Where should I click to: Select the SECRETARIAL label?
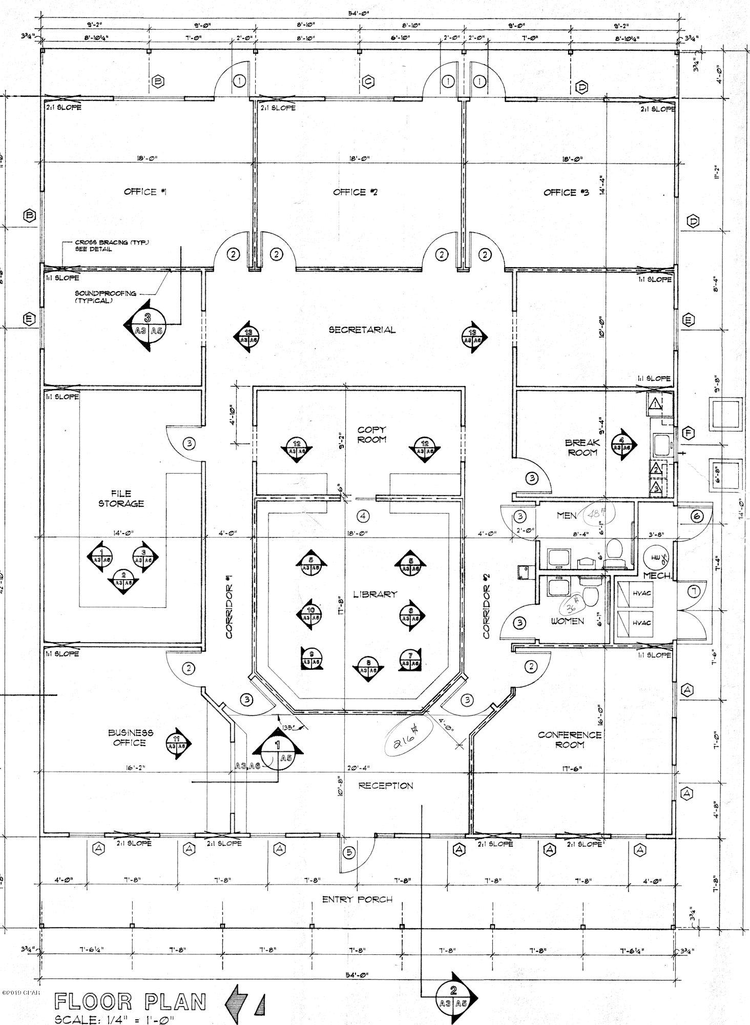coord(362,330)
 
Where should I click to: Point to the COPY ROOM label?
coord(371,435)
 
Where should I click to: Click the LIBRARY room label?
coord(375,594)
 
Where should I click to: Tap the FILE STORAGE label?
coord(121,499)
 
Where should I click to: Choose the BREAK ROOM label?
coord(582,447)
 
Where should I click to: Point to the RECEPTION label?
coord(385,786)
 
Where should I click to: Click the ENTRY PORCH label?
coord(357,899)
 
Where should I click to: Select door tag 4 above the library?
coord(363,515)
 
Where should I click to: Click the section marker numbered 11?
coord(176,743)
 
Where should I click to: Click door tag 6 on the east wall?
coord(697,517)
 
